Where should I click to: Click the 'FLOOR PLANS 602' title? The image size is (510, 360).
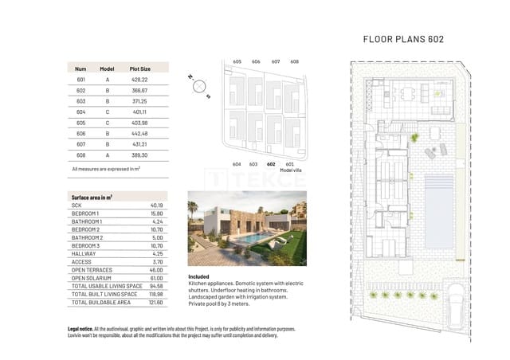click(x=402, y=38)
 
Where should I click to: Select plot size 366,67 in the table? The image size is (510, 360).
click(x=140, y=90)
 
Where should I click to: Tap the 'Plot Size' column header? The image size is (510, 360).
click(x=140, y=69)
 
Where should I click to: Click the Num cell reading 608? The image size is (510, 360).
click(x=81, y=155)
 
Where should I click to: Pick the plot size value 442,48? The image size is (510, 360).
click(x=140, y=134)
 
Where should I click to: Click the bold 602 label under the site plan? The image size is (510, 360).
click(x=272, y=164)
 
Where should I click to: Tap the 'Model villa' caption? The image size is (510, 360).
click(x=294, y=170)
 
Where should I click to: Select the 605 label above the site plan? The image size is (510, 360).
click(x=237, y=61)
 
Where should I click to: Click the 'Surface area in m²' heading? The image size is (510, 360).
click(x=92, y=197)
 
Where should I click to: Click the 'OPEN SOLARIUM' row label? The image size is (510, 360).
click(x=92, y=277)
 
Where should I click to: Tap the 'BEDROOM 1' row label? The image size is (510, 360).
click(x=85, y=213)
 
